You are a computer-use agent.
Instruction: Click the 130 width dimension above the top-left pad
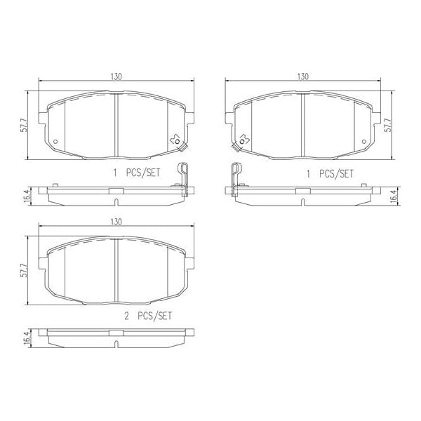coord(116,76)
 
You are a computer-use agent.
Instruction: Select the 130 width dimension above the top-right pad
coord(302,76)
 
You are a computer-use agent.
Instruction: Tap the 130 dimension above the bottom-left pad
coord(116,221)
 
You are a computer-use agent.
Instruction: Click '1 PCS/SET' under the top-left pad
coord(140,172)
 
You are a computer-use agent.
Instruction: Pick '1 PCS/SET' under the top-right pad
coord(326,172)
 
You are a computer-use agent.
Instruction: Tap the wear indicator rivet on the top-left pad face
coord(175,140)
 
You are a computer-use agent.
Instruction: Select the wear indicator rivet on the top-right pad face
coord(243,140)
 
